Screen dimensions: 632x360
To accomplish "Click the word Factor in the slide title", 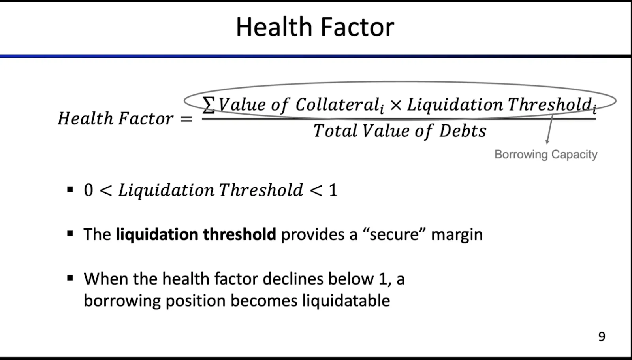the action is click(357, 27).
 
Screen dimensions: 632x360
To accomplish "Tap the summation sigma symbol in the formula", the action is click(209, 105).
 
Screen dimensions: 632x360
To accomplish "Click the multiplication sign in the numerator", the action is click(396, 106).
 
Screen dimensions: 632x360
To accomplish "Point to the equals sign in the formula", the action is click(186, 119).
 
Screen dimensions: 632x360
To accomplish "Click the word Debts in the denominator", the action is click(463, 131).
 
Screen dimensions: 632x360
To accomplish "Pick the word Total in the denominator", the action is click(335, 131).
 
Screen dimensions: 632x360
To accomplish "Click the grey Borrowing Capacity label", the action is click(546, 155).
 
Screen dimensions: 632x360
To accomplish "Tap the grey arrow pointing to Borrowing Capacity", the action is click(549, 129).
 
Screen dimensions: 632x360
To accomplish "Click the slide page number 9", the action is click(602, 336).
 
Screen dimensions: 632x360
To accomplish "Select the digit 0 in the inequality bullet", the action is click(88, 190).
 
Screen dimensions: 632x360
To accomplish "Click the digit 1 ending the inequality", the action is click(333, 190).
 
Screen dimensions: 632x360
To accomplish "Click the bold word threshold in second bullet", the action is click(239, 234).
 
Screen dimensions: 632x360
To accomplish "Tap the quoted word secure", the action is click(395, 234).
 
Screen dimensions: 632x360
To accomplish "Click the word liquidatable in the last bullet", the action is click(346, 300).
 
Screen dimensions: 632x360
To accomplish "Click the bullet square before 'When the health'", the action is click(70, 279).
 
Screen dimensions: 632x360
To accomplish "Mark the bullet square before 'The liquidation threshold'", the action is click(70, 234).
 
